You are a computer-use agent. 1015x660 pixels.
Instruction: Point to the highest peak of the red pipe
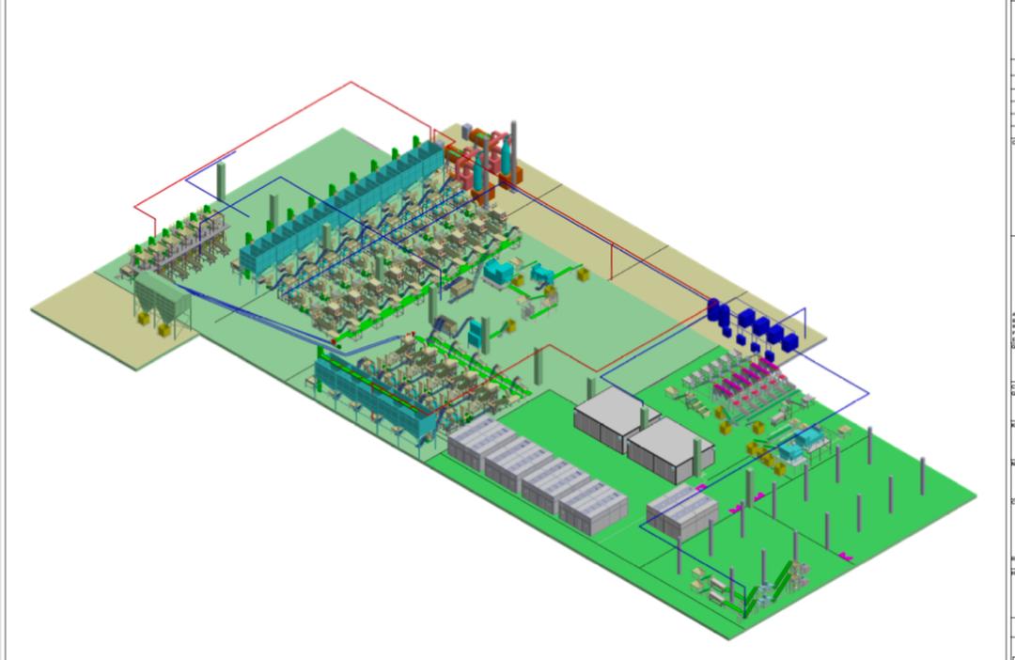click(x=351, y=83)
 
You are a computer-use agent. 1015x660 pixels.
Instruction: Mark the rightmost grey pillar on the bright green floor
click(x=922, y=476)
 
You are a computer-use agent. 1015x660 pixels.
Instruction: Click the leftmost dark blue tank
click(x=714, y=311)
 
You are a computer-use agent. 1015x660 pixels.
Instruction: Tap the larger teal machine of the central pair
click(x=498, y=272)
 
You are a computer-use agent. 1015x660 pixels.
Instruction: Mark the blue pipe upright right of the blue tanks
click(x=804, y=321)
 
